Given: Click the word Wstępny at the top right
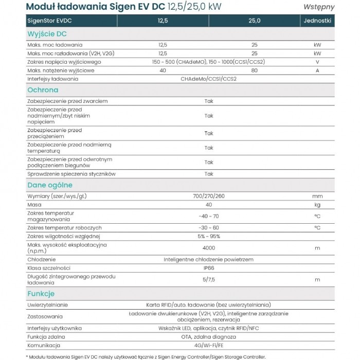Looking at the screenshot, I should (319, 7).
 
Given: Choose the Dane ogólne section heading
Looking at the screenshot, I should (50, 185).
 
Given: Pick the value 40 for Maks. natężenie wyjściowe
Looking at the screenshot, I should (163, 70).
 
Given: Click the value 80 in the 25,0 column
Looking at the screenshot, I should (254, 70).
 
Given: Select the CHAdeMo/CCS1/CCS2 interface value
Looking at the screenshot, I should (208, 79).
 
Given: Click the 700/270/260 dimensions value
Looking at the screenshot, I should (208, 196).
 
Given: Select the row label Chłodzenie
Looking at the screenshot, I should (41, 260).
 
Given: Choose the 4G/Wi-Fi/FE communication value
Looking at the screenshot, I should (208, 345).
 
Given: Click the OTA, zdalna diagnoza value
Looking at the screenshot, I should (208, 336).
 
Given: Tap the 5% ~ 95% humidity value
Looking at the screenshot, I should (208, 236).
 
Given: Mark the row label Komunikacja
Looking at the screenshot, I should (44, 345).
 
